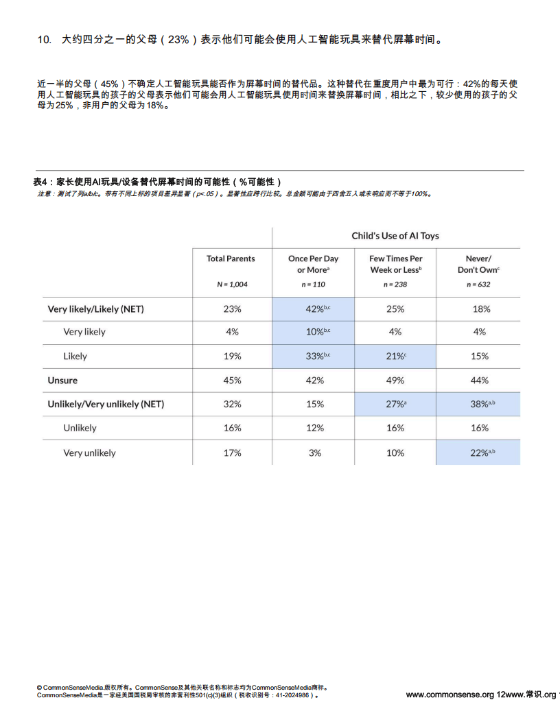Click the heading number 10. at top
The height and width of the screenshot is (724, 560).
click(44, 40)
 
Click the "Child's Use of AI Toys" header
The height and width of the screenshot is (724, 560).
click(395, 236)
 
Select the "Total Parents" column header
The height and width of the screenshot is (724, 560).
click(231, 258)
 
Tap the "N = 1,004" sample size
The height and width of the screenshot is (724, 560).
click(232, 285)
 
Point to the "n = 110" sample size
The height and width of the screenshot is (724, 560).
click(313, 285)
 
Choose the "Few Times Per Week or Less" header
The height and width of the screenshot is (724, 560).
click(396, 264)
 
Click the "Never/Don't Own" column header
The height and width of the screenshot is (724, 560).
click(478, 264)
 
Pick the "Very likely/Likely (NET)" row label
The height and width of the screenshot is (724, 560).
click(95, 309)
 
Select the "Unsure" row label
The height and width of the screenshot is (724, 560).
click(62, 381)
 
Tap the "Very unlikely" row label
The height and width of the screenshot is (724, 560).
click(89, 453)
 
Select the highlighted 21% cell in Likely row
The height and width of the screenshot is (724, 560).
click(396, 357)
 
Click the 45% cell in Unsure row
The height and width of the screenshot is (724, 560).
click(232, 381)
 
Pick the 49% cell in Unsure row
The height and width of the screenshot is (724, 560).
click(395, 381)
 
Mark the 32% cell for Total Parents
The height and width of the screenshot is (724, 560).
click(232, 405)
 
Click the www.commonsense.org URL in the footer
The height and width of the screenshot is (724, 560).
click(450, 695)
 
